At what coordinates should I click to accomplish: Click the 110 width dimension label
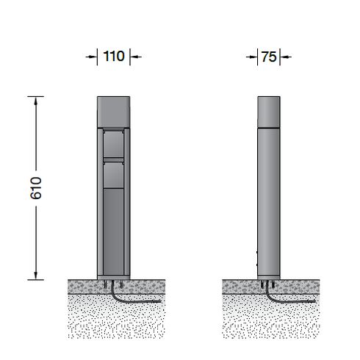tap(114, 57)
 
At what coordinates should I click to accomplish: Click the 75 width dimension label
tap(269, 57)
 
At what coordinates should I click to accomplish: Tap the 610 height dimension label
tap(36, 188)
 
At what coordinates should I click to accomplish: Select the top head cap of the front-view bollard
tap(114, 112)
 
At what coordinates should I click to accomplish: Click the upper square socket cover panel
tap(113, 144)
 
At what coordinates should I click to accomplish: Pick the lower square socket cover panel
tap(113, 175)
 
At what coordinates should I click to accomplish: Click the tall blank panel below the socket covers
tap(113, 231)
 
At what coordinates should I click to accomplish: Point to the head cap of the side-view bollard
tap(269, 112)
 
